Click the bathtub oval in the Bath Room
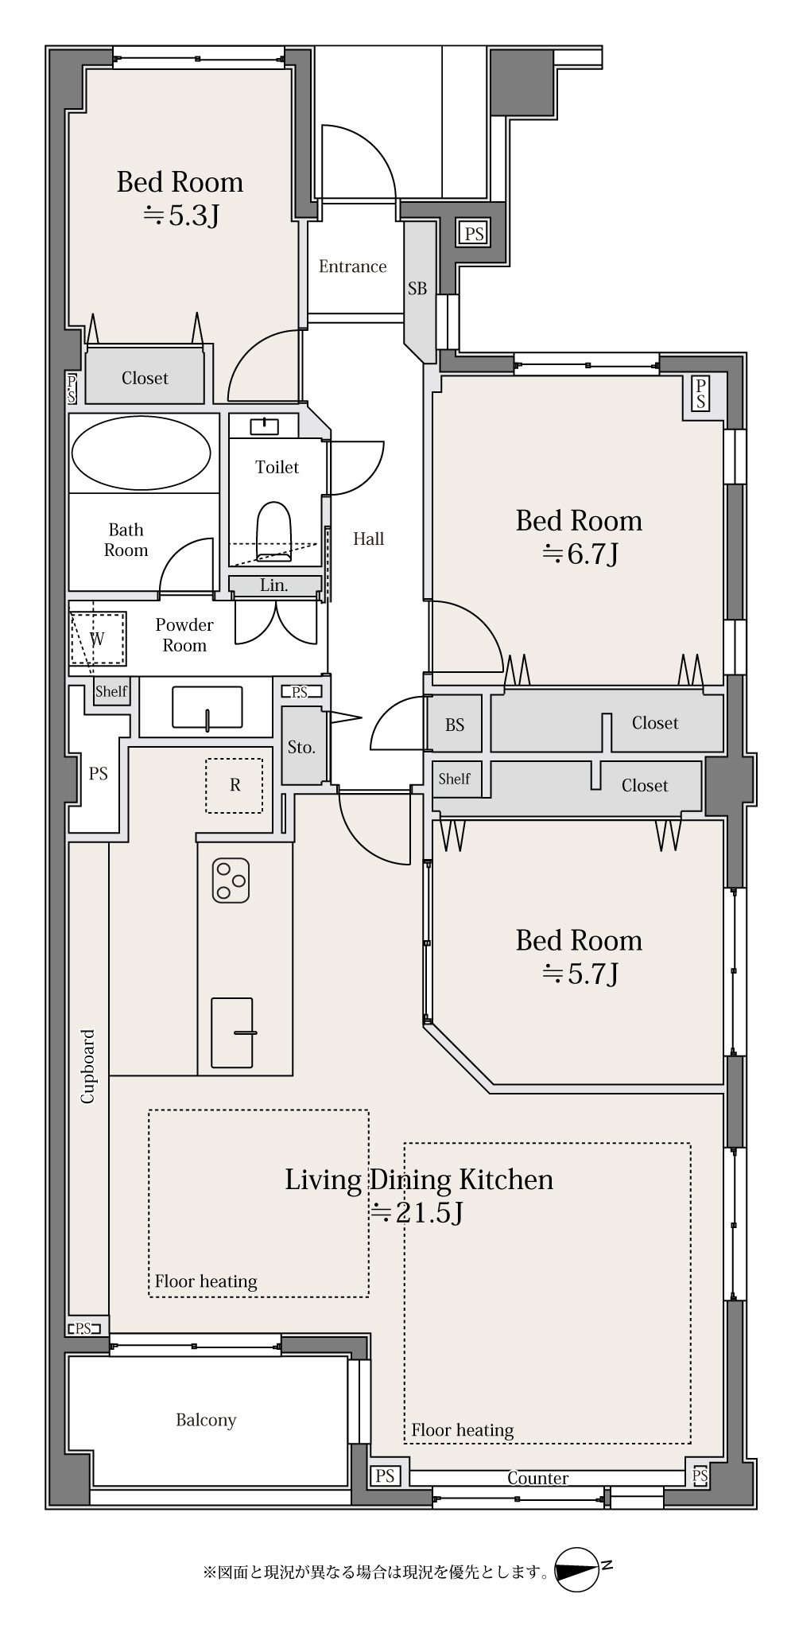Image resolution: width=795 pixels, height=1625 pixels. (141, 453)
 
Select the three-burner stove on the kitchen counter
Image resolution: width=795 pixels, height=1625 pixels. (231, 881)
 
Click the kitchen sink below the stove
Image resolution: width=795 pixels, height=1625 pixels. (231, 1032)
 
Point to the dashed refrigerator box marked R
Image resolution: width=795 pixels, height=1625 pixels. (235, 785)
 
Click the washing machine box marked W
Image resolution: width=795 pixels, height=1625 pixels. (99, 638)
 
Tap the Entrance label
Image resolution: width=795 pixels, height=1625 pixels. (353, 266)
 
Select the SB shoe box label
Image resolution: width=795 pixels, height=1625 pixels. (417, 289)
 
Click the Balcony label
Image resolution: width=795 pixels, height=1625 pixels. (206, 1420)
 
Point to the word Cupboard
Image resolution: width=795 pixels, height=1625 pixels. (87, 1067)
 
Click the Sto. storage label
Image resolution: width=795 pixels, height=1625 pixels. (301, 747)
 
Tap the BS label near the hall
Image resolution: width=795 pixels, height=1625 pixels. (455, 725)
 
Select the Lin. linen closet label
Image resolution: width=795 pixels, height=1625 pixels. (274, 585)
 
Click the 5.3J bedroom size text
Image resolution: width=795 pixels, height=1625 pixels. (180, 215)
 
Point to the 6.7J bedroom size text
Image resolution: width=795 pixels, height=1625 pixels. (580, 554)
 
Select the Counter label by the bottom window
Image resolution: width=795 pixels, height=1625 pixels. (538, 1478)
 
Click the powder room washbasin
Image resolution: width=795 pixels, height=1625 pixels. (207, 707)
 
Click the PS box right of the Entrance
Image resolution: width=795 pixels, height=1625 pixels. (474, 234)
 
